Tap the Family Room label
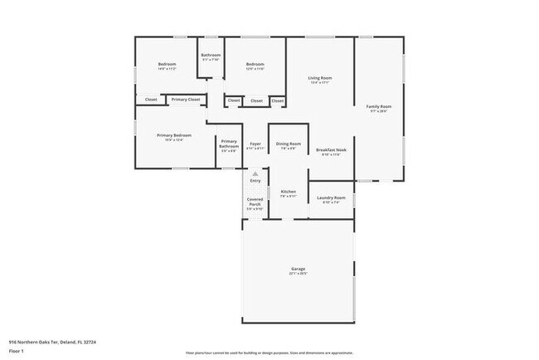(380, 106)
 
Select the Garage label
(298, 270)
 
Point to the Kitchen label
(288, 192)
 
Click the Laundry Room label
(332, 198)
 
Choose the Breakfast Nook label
(331, 150)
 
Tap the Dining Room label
(288, 144)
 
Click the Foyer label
(255, 144)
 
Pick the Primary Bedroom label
(174, 135)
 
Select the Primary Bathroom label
(228, 144)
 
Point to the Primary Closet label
(186, 100)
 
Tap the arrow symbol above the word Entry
(255, 173)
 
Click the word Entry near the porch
(255, 181)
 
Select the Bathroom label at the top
(210, 56)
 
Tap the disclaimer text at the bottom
(269, 353)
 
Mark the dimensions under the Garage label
(298, 275)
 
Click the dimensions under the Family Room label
(380, 111)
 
